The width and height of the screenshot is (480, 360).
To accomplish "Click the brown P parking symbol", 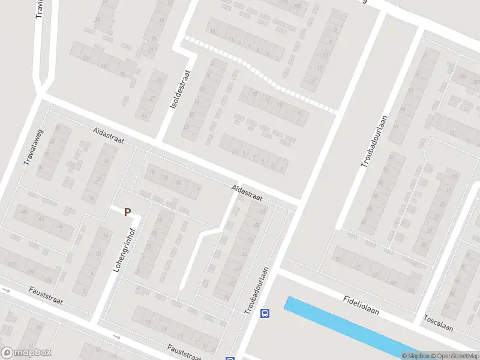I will click(127, 211).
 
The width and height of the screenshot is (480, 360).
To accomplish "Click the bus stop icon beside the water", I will click(265, 313).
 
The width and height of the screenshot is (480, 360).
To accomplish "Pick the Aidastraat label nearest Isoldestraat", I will click(109, 135).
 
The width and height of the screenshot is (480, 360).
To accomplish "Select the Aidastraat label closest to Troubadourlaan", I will click(247, 193).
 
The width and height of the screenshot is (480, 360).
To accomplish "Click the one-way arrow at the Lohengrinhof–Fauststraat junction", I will click(117, 337).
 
